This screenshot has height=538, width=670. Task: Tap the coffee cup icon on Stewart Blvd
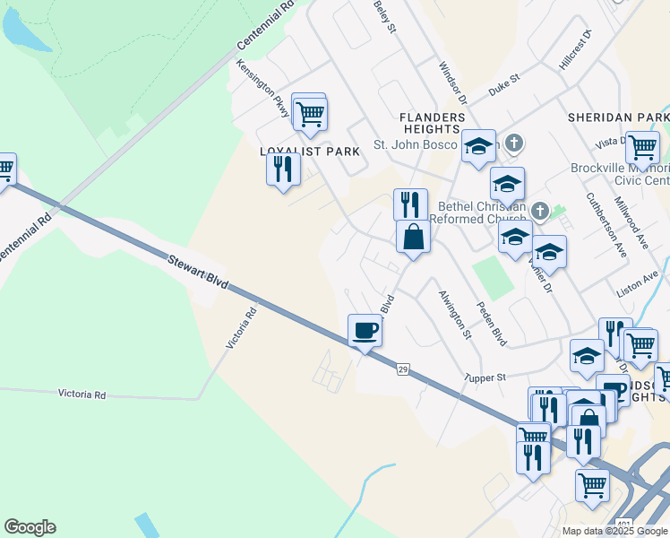365,330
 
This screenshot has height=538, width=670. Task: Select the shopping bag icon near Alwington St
414,238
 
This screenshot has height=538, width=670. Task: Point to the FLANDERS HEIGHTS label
433,124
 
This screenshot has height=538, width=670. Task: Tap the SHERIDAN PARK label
618,117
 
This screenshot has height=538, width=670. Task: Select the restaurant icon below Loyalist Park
283,169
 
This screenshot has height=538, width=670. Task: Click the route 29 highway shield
403,369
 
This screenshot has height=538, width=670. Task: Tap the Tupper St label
485,377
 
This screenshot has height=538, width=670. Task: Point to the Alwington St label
455,314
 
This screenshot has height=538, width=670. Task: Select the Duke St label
504,86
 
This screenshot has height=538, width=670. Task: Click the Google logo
30,527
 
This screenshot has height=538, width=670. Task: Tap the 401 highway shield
625,524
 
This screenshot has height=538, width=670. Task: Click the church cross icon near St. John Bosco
513,143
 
